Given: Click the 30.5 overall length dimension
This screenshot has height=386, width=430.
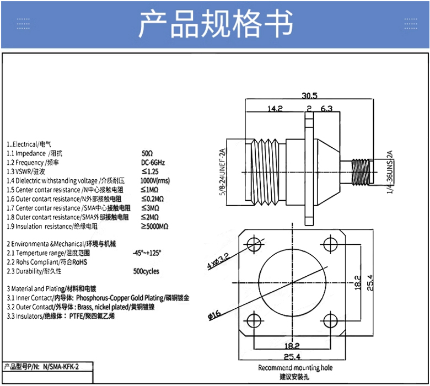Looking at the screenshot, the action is (x=309, y=95).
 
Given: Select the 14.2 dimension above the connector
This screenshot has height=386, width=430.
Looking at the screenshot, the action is (x=275, y=109).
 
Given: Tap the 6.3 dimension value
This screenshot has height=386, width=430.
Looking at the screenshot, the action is (x=326, y=109).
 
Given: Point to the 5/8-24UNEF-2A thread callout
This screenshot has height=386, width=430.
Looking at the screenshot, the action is (x=222, y=172).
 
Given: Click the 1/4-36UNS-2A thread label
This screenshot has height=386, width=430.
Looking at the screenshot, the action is (x=390, y=172).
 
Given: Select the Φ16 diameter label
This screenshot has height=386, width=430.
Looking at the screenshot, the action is (x=214, y=314).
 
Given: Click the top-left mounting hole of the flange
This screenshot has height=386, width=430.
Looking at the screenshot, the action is (x=254, y=244).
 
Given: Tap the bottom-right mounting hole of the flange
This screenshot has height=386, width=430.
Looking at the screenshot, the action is (x=330, y=320).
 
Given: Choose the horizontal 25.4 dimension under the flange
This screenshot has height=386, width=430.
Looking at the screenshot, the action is (x=292, y=356).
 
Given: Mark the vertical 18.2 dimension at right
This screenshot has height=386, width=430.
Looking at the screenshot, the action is (x=358, y=282).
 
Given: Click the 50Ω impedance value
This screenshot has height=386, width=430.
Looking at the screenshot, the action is (x=147, y=153).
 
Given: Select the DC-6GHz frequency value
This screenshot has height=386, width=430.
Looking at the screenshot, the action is (x=153, y=163).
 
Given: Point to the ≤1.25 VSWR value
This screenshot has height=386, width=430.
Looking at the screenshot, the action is (x=150, y=171).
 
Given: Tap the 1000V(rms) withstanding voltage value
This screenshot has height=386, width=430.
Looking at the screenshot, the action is (x=155, y=180).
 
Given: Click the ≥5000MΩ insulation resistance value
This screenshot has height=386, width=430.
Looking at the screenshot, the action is (x=155, y=226).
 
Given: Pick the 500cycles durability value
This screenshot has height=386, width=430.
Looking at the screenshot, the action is (x=146, y=271).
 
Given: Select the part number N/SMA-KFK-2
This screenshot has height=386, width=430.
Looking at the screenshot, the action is (x=61, y=367).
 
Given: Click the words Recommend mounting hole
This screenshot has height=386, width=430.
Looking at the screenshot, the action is (x=295, y=368).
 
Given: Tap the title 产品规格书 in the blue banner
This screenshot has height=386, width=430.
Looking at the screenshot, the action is (x=216, y=23).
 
